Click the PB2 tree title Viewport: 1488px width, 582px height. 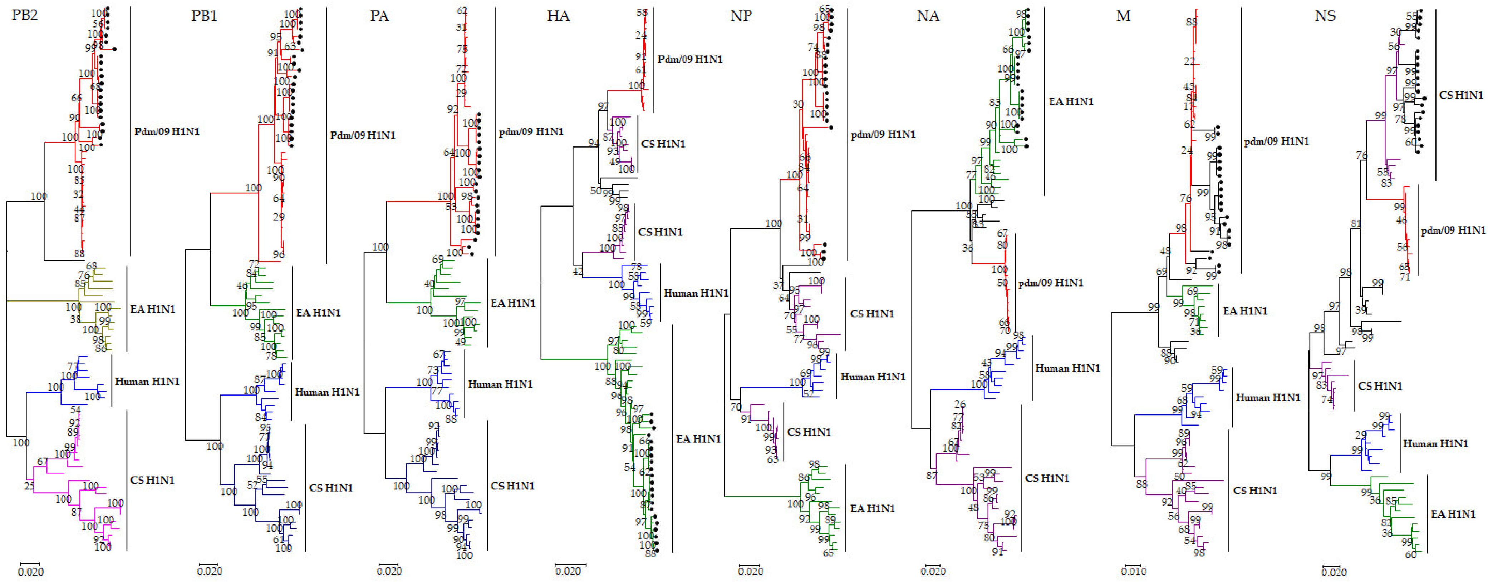tap(25, 15)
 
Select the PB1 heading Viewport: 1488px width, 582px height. tap(204, 16)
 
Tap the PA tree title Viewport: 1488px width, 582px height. tap(379, 16)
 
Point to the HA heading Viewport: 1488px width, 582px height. tap(558, 16)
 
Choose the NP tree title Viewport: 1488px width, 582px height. tap(741, 16)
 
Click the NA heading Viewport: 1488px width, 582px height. tap(928, 16)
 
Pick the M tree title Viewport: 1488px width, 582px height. tap(1123, 16)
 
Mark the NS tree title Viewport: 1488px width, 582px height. tap(1325, 16)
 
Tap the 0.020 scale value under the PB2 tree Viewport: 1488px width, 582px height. tap(31, 572)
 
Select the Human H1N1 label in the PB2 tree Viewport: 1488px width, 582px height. tap(147, 382)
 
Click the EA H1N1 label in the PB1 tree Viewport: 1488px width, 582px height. tap(318, 313)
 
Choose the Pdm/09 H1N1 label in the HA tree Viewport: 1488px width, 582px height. tap(690, 59)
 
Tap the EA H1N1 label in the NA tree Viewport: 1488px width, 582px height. tap(1071, 101)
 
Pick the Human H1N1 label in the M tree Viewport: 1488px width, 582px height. tap(1268, 398)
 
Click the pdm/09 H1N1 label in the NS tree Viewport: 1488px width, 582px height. tap(1453, 230)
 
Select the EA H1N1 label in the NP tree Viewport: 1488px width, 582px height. tap(872, 509)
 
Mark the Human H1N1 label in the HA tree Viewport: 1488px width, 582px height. tap(696, 293)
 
